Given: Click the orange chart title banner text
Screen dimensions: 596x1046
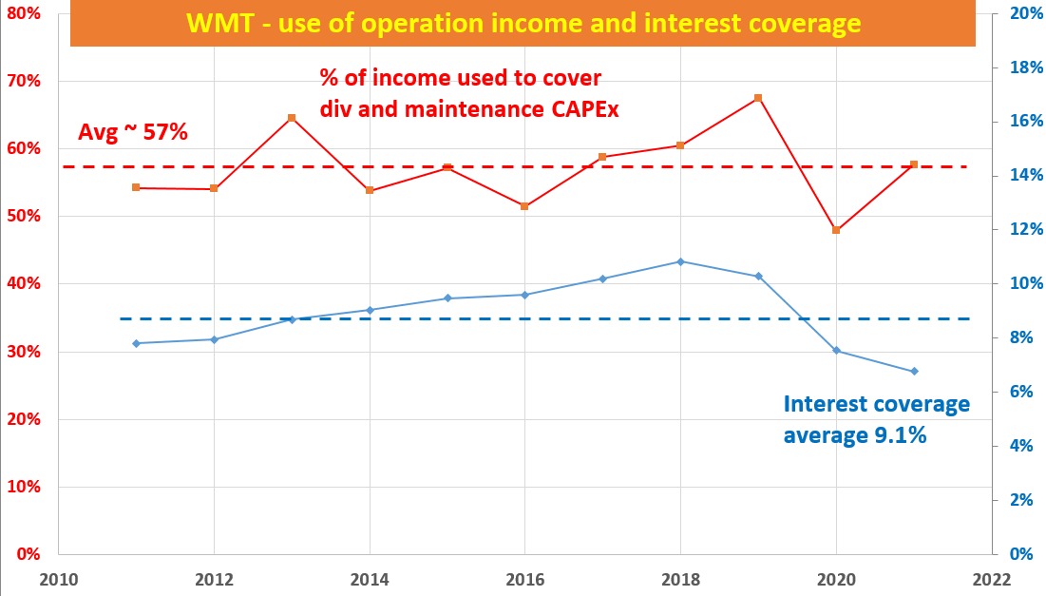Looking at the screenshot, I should (x=523, y=24).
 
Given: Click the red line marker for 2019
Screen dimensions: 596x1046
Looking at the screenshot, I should (x=758, y=98).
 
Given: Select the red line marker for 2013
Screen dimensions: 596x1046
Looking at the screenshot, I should (x=292, y=118).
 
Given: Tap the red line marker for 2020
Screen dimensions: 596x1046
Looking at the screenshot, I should (x=836, y=230).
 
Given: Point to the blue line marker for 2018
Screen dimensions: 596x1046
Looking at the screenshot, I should (x=680, y=261).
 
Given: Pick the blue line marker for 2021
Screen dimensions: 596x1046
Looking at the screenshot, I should (x=914, y=371).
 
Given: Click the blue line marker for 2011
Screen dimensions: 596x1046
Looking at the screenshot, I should (x=136, y=343).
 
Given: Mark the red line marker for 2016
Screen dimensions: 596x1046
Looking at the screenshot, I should (x=524, y=206).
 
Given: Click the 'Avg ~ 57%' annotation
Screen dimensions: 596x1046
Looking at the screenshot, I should (x=133, y=132).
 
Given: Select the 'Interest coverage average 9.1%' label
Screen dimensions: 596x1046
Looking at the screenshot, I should (x=876, y=419).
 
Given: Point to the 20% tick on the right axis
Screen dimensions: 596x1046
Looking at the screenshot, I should (x=1020, y=13).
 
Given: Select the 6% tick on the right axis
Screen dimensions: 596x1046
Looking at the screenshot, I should (x=1017, y=392).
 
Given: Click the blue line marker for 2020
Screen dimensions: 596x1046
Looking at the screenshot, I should (x=836, y=351).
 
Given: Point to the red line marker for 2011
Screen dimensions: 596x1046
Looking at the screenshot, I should (x=136, y=187).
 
